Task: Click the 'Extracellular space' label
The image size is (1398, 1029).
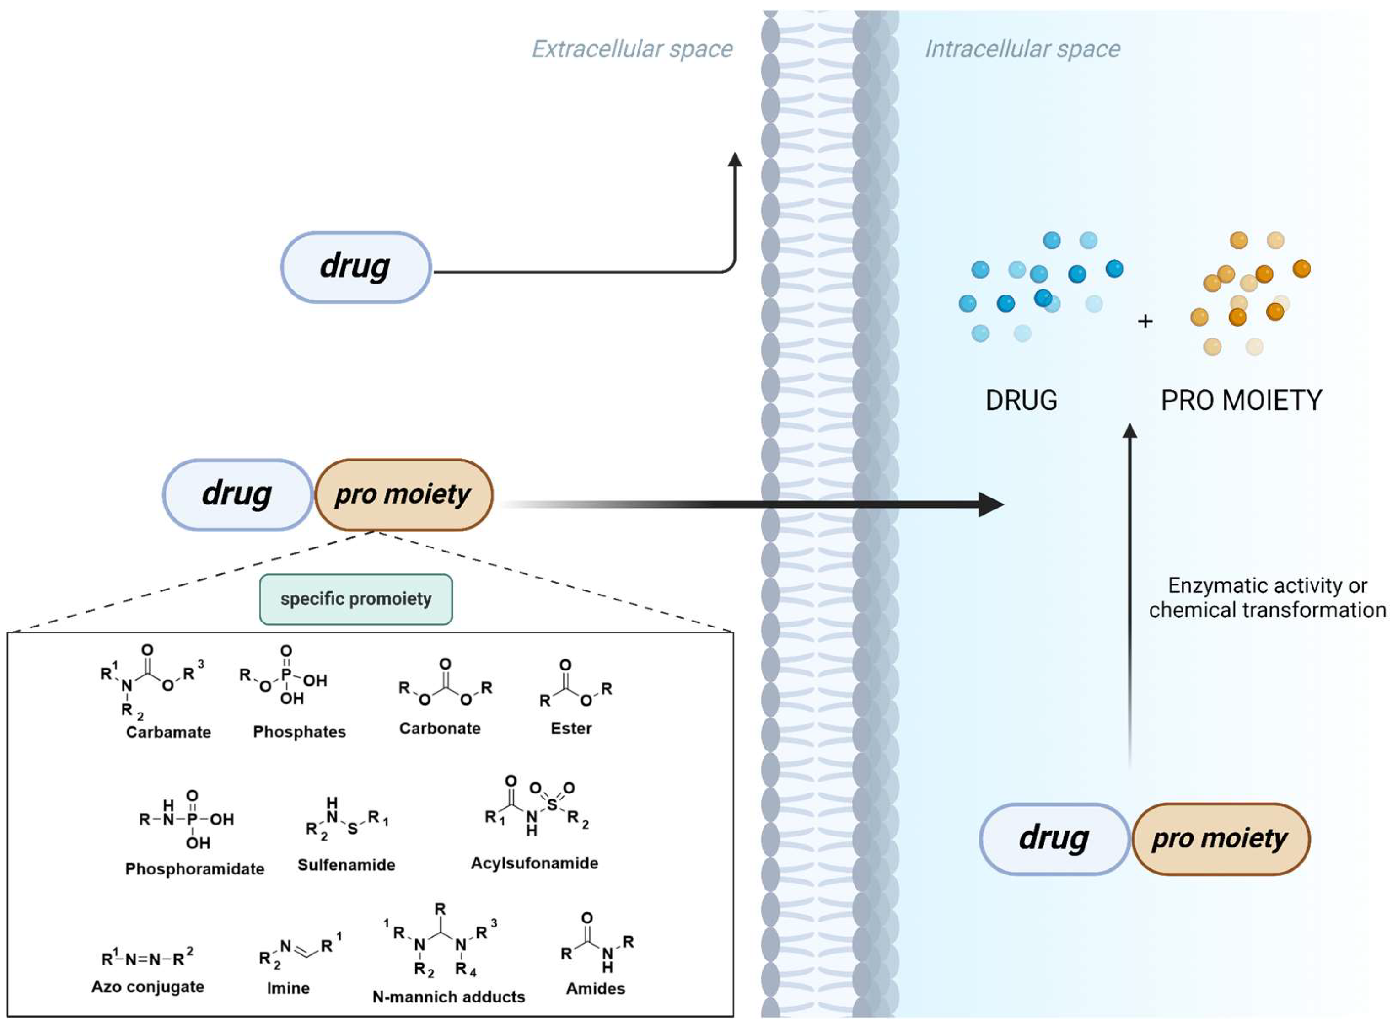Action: (x=631, y=49)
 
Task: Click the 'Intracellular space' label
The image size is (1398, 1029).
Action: (x=1022, y=49)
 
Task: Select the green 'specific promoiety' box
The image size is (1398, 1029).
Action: (x=356, y=599)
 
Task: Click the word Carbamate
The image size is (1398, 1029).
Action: (x=168, y=732)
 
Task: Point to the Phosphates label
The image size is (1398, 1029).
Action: (x=299, y=732)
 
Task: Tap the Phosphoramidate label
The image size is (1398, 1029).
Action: (x=194, y=869)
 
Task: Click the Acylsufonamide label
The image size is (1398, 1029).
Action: (x=534, y=863)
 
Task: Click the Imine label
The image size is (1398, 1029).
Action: (x=288, y=988)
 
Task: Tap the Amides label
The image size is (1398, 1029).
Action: (x=595, y=988)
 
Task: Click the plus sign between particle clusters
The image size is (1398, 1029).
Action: (x=1145, y=322)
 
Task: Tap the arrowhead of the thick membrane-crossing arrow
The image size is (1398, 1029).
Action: (x=990, y=504)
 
